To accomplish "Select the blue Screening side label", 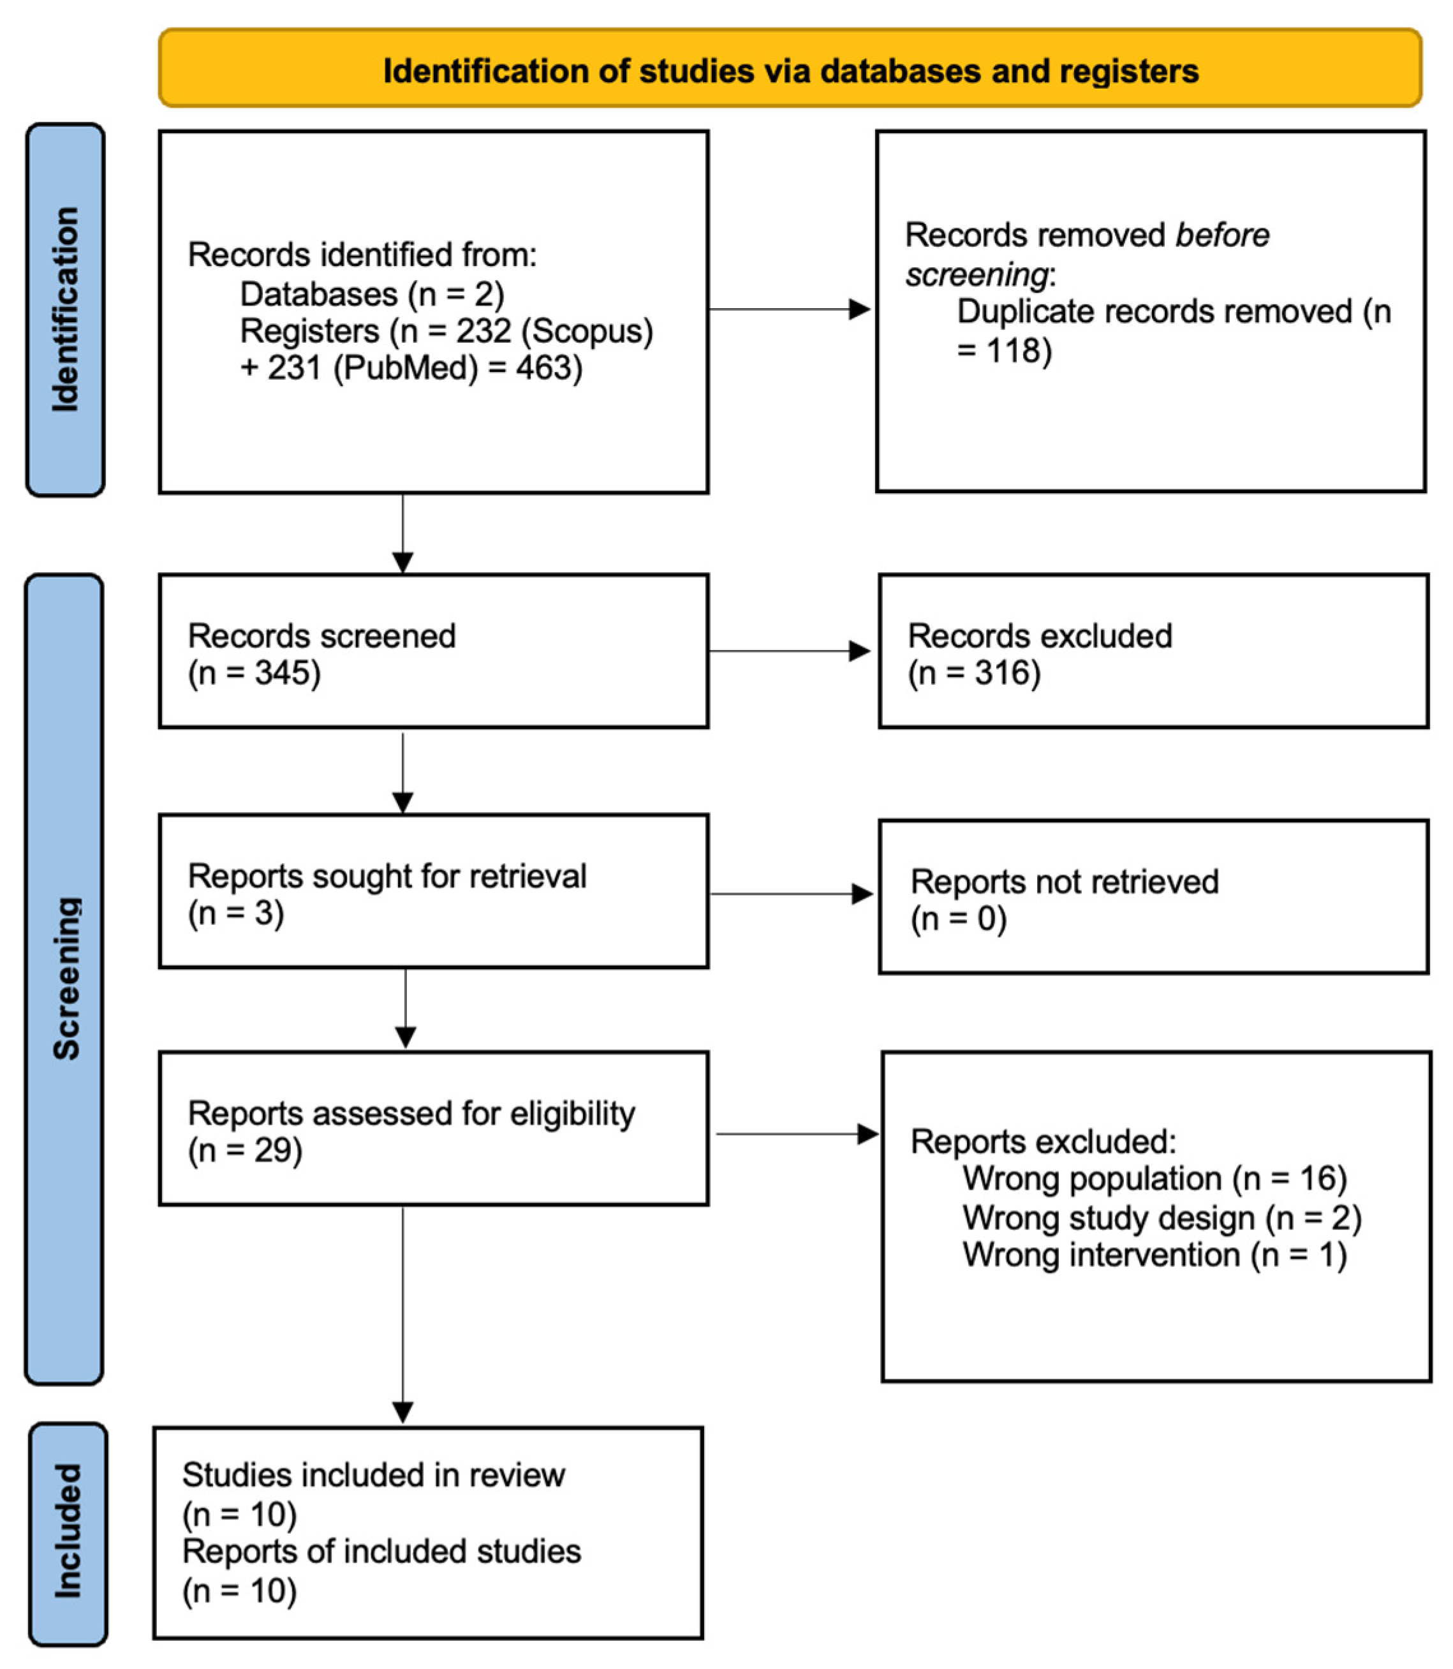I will click(x=66, y=979).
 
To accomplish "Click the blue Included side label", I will click(x=68, y=1531).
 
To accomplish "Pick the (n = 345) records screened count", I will click(x=254, y=672).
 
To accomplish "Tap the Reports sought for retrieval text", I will click(x=387, y=876).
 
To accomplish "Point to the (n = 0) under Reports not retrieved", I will click(x=959, y=919).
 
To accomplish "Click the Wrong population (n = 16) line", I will click(x=1154, y=1178).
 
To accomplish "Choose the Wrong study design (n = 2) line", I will click(x=1161, y=1217).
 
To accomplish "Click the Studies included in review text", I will click(x=373, y=1475).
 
